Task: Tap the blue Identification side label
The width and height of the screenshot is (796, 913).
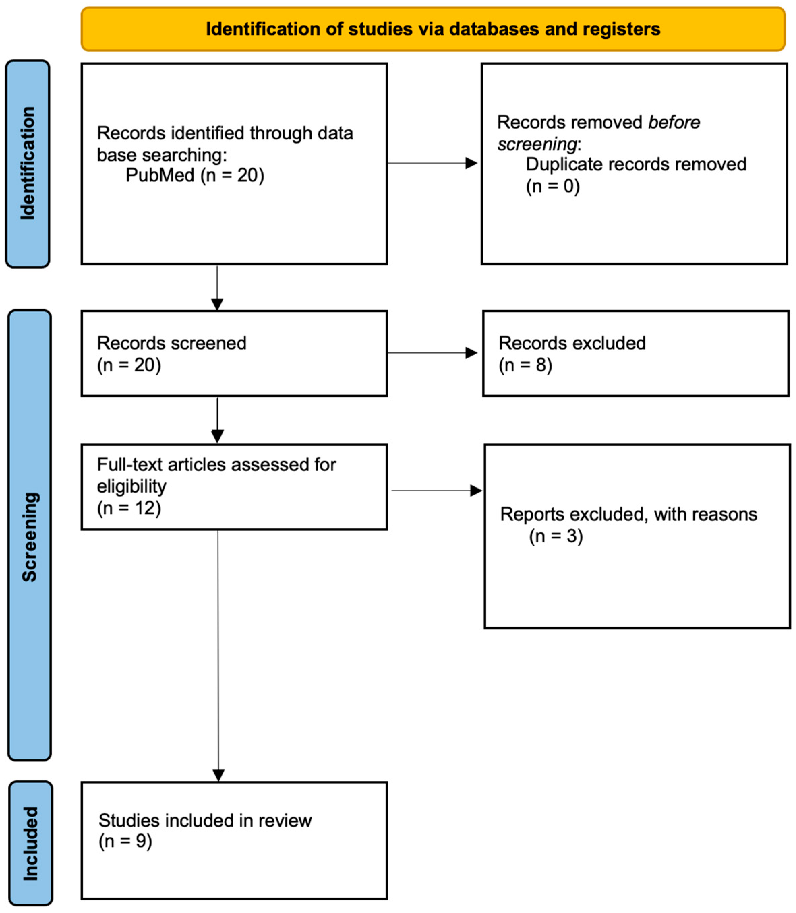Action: (28, 163)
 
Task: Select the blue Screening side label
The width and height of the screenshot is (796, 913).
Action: (30, 537)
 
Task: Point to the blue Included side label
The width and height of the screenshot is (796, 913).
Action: (30, 843)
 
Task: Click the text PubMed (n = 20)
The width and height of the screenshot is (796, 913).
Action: (195, 175)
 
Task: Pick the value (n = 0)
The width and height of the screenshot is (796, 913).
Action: (553, 186)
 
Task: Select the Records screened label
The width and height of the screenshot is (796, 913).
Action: (172, 343)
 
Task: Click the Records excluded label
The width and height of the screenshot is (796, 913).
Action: (572, 343)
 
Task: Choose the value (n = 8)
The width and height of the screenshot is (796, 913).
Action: (525, 365)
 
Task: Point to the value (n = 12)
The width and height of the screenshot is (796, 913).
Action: (129, 508)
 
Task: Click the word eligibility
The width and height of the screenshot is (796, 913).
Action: (131, 486)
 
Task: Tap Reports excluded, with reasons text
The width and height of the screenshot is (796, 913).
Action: (628, 514)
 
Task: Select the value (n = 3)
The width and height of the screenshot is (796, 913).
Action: (555, 536)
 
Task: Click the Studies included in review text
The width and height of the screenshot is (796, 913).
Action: (205, 821)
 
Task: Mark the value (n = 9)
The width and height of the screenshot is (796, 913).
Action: (125, 841)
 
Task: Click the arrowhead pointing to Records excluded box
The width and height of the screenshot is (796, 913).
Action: (471, 353)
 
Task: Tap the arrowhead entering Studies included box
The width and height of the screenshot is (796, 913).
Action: (218, 775)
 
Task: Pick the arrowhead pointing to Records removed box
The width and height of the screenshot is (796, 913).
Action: (471, 163)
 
